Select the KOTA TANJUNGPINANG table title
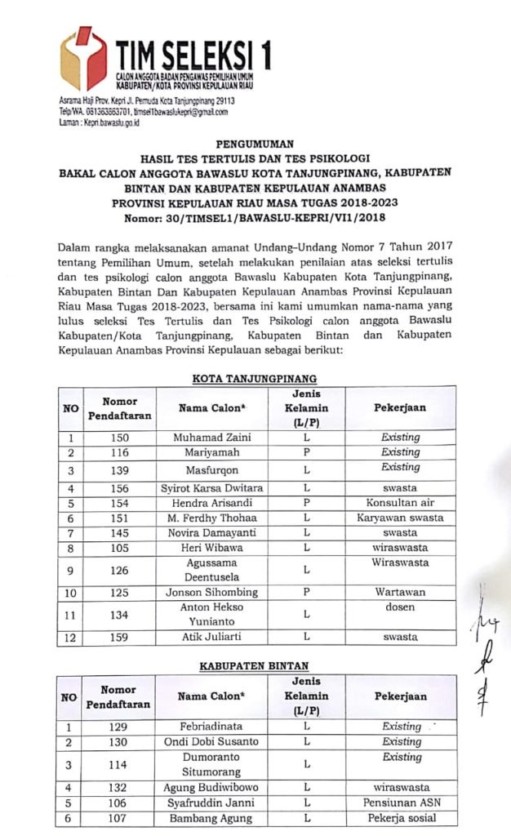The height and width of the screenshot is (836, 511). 255,378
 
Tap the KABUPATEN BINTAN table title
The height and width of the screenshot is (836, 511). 254,666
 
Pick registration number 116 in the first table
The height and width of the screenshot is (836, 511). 119,451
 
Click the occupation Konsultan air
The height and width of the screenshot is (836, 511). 400,503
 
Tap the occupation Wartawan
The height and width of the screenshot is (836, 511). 400,591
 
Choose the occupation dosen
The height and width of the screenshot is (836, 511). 400,607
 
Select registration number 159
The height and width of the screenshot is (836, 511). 119,636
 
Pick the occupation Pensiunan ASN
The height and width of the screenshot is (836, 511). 401,803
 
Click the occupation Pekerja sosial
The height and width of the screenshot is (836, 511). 401,818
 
